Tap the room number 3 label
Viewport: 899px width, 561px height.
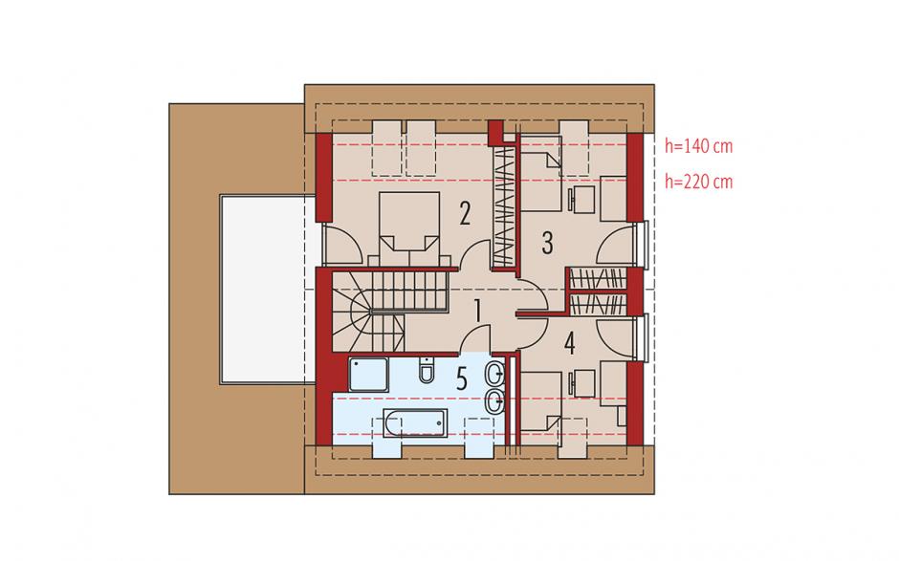(548, 243)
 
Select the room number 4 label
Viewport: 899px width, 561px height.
(569, 344)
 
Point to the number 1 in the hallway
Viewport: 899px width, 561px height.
(477, 313)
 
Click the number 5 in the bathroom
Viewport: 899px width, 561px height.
(462, 379)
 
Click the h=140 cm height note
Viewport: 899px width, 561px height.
(698, 146)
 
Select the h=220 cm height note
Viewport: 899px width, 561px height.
(698, 182)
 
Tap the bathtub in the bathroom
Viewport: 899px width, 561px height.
(415, 422)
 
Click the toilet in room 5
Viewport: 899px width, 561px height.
(427, 370)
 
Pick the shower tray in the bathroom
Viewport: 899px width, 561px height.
(368, 375)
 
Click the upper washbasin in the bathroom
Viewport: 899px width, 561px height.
(494, 376)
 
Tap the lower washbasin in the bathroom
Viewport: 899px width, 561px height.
(494, 401)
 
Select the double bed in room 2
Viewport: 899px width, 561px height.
(409, 229)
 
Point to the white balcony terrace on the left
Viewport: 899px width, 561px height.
(267, 290)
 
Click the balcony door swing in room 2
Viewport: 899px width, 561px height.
(342, 243)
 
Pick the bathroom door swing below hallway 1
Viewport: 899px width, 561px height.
(474, 337)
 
